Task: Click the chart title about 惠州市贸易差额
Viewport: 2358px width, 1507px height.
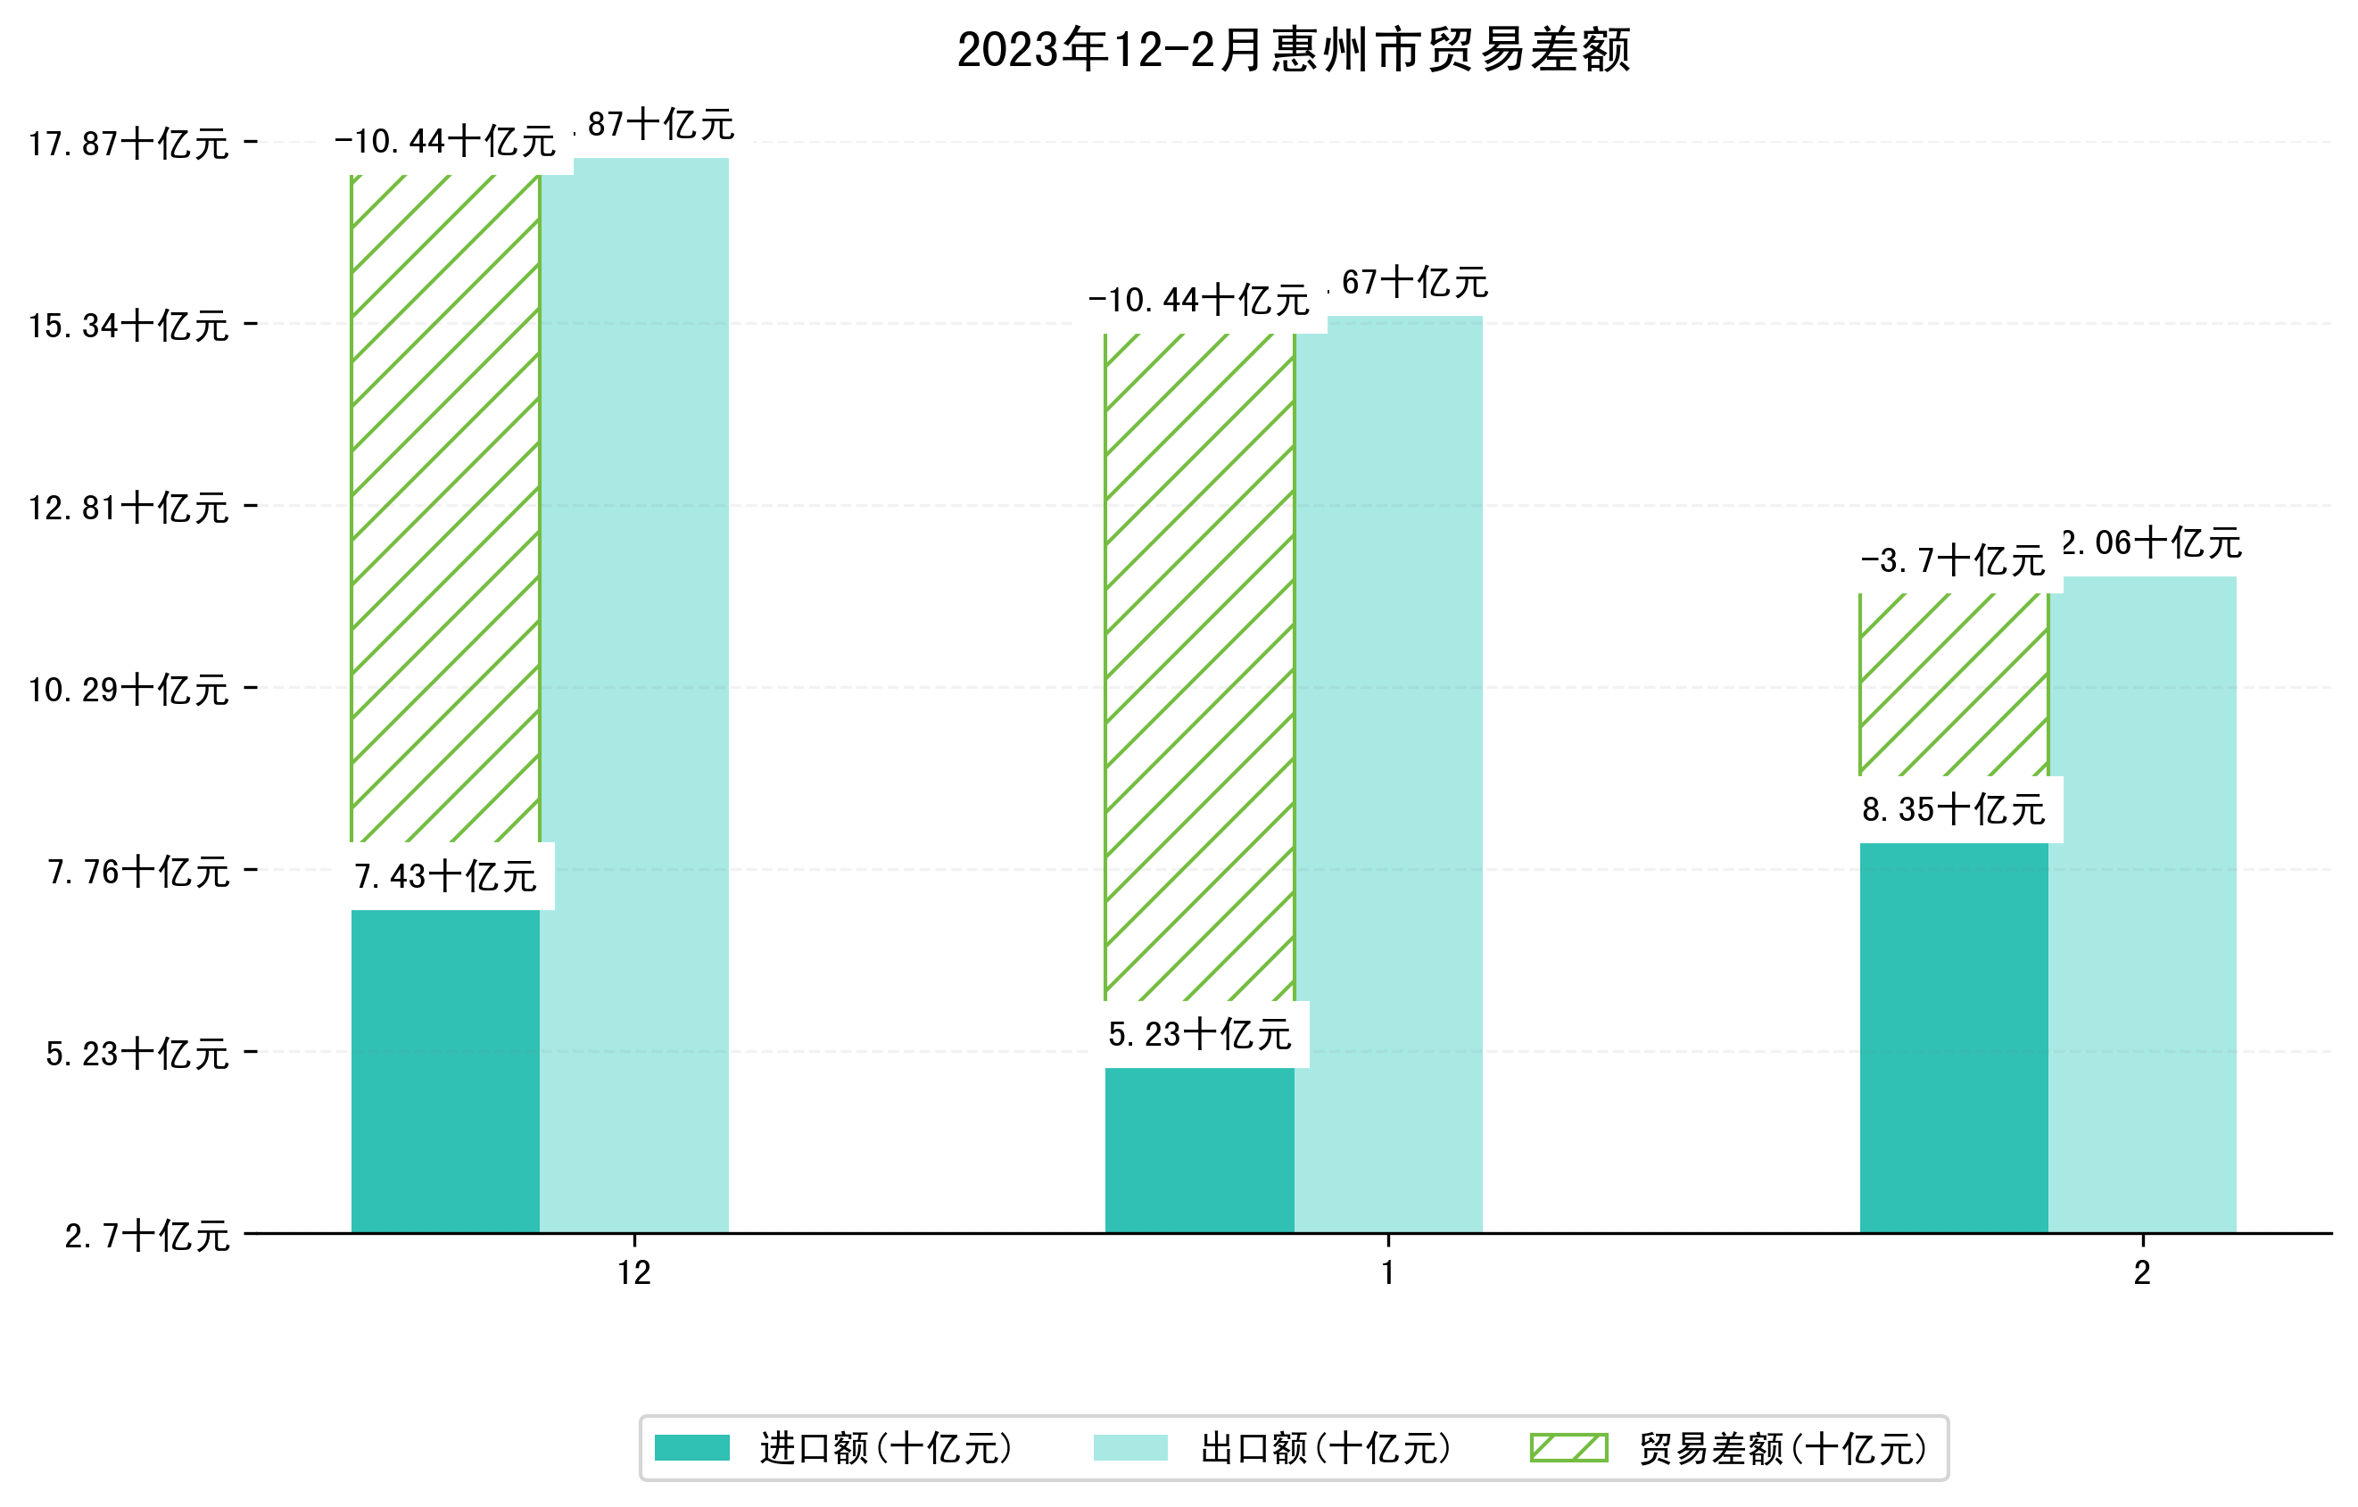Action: coord(1293,50)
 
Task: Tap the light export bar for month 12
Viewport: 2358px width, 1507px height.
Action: coord(634,695)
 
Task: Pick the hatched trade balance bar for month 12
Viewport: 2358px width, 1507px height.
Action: coord(444,509)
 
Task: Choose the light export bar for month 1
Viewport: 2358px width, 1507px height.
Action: coord(1387,774)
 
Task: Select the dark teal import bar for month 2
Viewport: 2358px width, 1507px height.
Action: coord(1953,1038)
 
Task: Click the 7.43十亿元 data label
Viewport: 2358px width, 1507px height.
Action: coord(444,876)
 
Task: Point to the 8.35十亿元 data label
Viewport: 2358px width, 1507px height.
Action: coord(1953,810)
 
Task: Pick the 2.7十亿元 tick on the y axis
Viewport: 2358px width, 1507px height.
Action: coord(147,1236)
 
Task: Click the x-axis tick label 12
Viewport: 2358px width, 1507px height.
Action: coord(634,1273)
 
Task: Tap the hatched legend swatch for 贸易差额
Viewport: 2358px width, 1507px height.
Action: coord(1568,1448)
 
